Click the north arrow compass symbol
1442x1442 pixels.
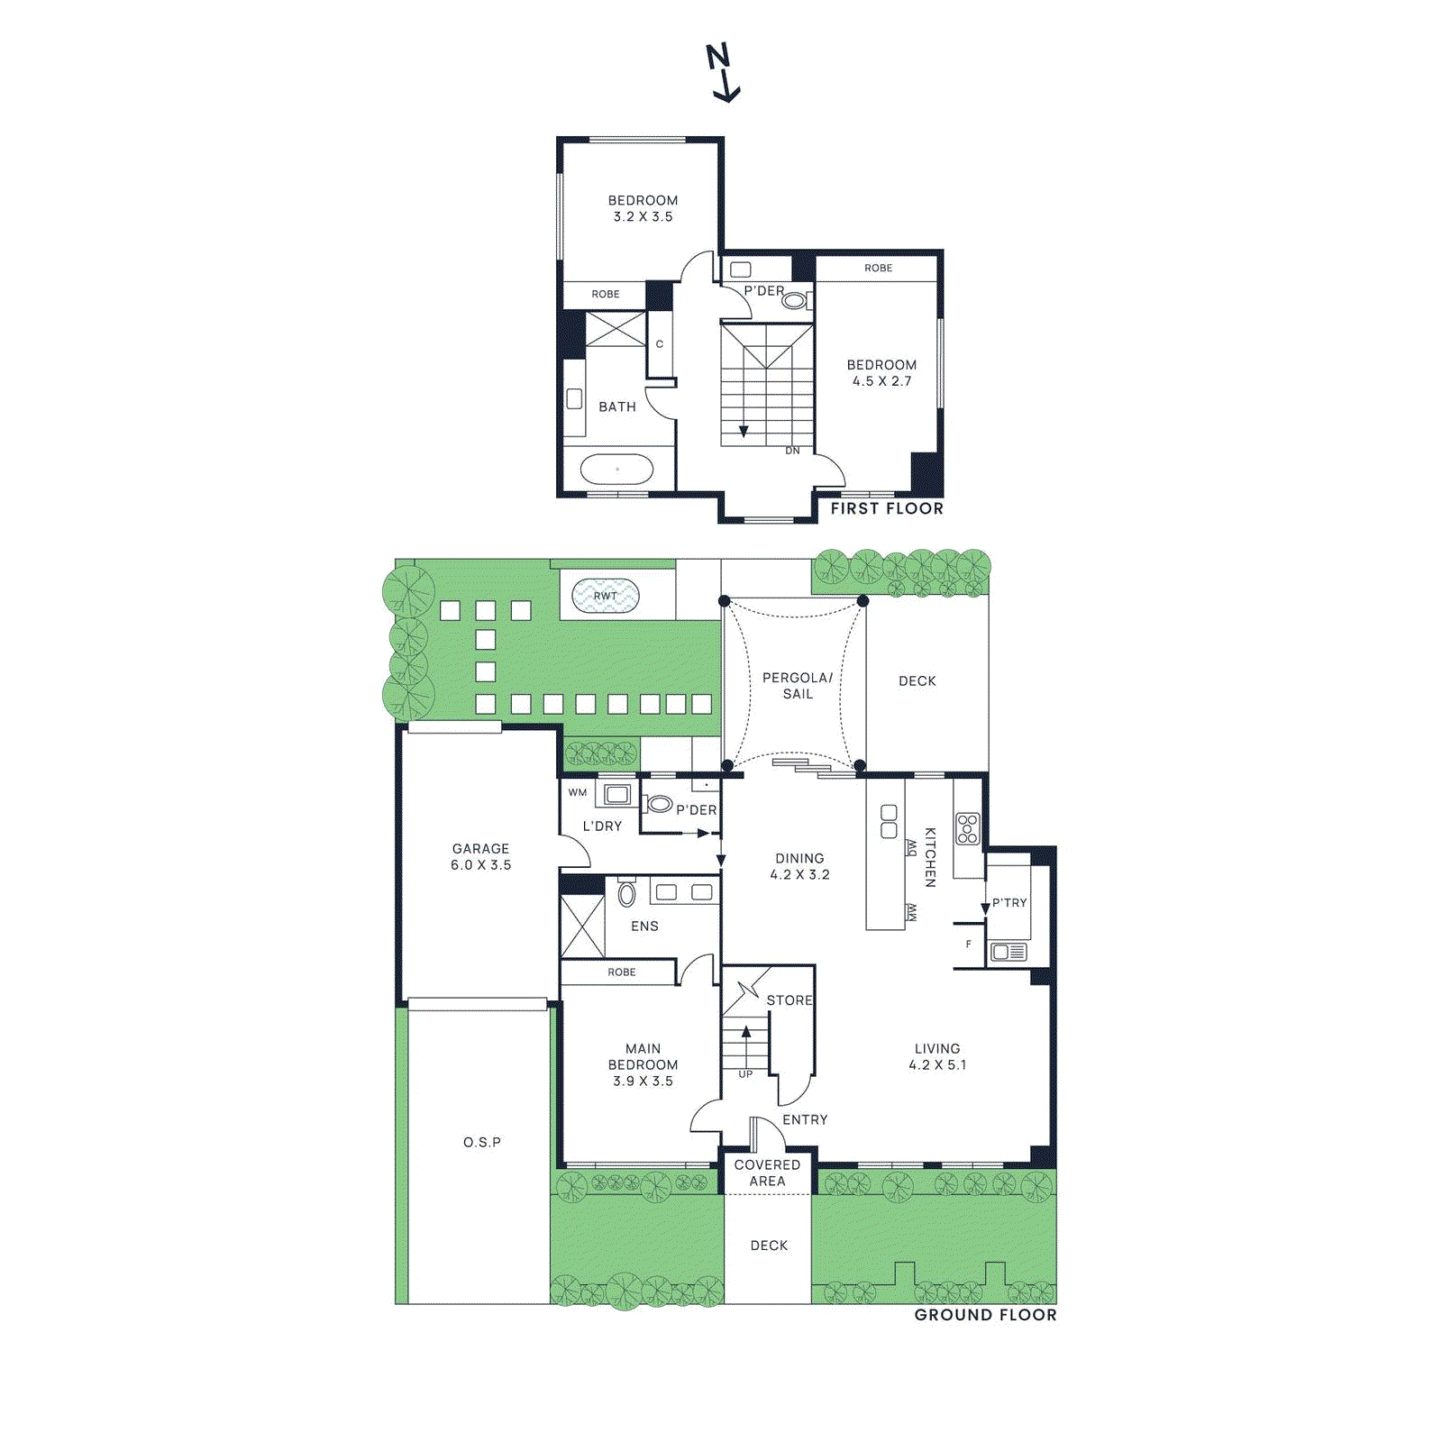722,73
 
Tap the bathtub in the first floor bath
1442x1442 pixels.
617,470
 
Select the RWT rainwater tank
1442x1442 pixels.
606,596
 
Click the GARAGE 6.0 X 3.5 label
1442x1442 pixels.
480,856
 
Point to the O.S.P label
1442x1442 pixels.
482,1142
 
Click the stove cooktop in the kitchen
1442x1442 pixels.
967,828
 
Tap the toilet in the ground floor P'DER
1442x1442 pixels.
660,804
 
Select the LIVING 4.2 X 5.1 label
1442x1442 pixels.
937,1056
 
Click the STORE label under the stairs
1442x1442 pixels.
789,1000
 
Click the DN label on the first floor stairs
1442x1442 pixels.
792,451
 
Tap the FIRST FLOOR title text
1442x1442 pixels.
887,508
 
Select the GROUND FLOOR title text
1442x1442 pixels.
985,1315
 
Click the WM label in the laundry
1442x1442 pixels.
577,793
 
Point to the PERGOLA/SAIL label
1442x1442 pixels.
798,685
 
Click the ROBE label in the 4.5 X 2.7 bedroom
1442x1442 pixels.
878,268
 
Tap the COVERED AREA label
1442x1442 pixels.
767,1173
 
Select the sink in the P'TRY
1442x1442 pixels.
1008,952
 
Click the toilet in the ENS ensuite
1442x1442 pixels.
627,893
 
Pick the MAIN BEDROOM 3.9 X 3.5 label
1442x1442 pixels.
643,1064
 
